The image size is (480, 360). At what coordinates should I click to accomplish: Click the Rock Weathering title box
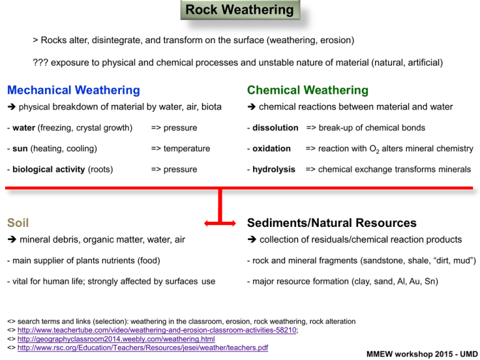(x=239, y=11)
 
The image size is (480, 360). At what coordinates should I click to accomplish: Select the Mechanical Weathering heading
(x=74, y=91)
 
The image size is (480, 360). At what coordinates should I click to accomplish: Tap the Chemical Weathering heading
(x=307, y=91)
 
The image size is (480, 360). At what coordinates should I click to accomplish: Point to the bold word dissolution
(x=275, y=128)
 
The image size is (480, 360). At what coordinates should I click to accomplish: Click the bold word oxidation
(x=272, y=149)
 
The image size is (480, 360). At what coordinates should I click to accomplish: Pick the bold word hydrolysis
(x=274, y=169)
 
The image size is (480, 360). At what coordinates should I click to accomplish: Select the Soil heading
(x=17, y=222)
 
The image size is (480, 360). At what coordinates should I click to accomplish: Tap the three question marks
(x=40, y=62)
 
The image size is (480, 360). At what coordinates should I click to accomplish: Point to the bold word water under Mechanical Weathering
(x=21, y=128)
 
